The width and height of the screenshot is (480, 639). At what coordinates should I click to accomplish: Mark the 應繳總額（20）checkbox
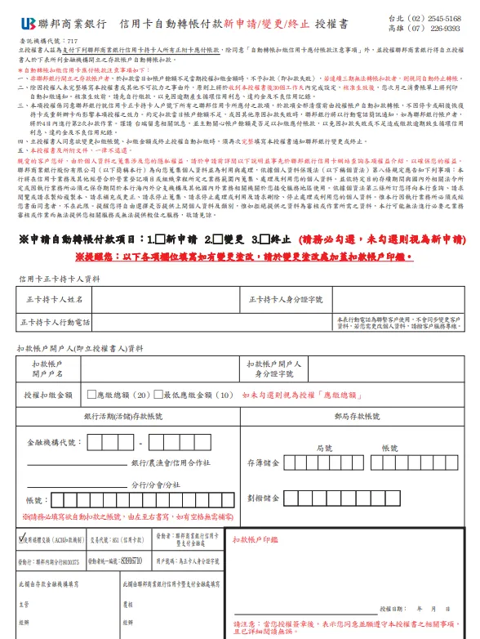pos(92,395)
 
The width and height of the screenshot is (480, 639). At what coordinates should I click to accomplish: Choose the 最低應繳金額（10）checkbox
pos(158,395)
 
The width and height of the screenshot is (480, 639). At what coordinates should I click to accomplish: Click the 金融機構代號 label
pos(55,442)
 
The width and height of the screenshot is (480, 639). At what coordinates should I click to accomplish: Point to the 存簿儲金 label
pos(264,462)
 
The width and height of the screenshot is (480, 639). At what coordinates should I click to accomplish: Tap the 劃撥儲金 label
pos(264,498)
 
